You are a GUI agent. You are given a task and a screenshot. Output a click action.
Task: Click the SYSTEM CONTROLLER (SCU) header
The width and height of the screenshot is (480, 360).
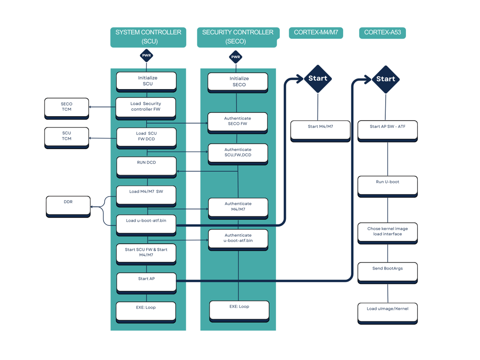148,37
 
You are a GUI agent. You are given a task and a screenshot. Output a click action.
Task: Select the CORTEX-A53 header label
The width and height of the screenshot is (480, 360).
382,33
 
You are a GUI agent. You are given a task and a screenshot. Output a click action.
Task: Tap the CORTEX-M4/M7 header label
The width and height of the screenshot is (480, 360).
316,33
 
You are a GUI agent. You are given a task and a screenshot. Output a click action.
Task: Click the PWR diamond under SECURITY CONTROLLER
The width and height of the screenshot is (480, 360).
236,57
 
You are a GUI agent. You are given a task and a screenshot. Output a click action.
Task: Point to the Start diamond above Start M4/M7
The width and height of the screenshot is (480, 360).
318,79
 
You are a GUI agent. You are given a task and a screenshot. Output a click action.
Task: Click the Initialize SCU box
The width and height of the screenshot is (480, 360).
146,82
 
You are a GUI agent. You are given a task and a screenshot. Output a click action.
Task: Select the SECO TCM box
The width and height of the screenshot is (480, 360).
67,108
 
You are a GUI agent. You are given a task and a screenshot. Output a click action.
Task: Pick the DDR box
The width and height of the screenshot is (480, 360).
68,207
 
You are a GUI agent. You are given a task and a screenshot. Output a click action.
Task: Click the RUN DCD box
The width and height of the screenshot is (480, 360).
147,167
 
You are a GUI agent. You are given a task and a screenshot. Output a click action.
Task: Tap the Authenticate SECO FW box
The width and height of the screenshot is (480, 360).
238,123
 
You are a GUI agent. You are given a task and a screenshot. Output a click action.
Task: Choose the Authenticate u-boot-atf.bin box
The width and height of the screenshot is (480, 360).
238,240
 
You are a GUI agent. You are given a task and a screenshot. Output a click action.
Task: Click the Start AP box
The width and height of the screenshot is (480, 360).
147,283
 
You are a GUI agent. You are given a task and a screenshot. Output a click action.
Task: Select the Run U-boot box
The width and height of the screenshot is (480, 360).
388,187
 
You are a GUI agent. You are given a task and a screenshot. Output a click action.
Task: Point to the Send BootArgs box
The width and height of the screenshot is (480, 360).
388,273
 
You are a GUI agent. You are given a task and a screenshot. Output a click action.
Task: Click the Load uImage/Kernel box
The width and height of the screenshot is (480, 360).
388,314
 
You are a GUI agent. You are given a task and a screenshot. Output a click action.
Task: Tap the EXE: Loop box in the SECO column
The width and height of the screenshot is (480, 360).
240,311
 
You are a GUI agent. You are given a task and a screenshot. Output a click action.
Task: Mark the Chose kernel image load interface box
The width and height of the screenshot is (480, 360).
388,233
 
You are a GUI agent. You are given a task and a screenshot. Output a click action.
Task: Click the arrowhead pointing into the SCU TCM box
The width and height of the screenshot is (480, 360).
90,138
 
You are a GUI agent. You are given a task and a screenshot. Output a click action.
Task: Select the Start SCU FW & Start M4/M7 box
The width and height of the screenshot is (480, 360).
146,254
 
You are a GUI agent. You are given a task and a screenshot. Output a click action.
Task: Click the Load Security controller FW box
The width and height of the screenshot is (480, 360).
146,108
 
